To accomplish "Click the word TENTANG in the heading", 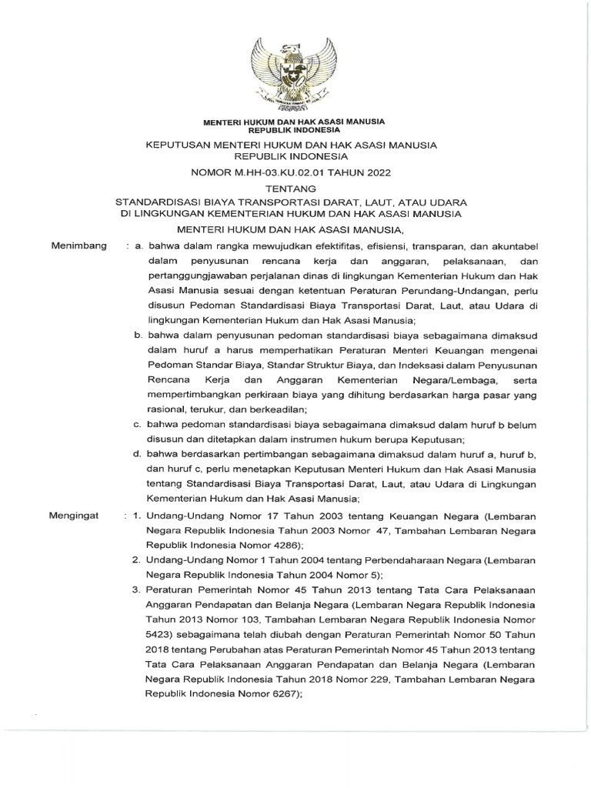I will tap(295, 188).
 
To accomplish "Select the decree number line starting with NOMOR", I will tap(295, 173).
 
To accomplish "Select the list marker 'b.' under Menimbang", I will tap(139, 336).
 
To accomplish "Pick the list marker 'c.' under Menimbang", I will tap(139, 426).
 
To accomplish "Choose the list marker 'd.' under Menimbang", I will tap(139, 456).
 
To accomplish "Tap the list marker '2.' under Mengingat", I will tap(135, 561).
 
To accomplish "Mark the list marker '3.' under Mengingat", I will tap(135, 591).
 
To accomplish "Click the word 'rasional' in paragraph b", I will tap(168, 411).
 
